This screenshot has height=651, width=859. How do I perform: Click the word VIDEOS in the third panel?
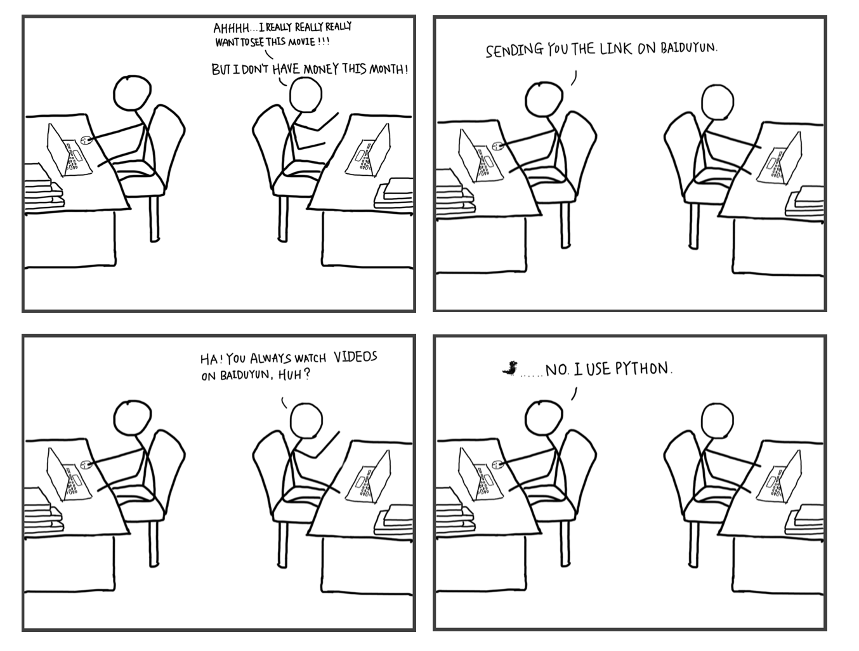(355, 357)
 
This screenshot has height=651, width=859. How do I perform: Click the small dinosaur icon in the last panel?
(509, 367)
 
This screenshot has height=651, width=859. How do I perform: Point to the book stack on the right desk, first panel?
(395, 193)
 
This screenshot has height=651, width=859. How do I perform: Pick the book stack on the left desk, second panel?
(456, 189)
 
